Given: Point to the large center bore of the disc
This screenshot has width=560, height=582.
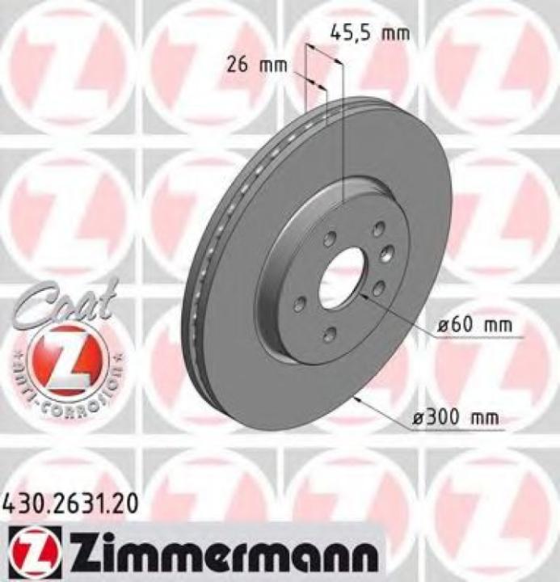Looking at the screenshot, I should [341, 277].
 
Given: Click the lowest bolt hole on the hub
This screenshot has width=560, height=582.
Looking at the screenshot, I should [328, 335].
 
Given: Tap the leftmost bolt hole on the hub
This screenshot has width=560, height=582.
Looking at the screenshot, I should [300, 303].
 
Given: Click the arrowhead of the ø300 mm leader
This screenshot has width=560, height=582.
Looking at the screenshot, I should [355, 398].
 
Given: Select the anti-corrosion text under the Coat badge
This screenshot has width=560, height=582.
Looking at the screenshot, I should [68, 389].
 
